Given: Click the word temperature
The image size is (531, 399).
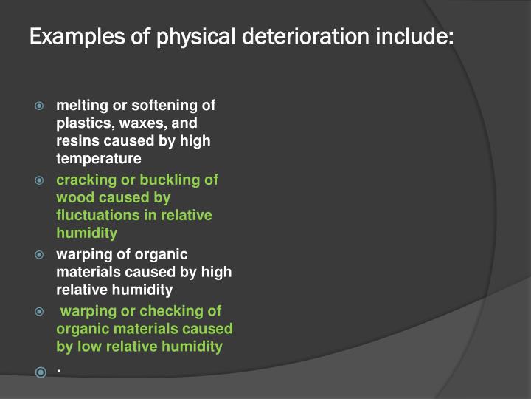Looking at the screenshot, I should click(99, 158).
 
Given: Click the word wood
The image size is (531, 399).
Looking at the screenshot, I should click(74, 197).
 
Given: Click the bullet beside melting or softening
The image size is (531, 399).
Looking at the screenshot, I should click(41, 106).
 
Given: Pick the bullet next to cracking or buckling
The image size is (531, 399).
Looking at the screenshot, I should click(41, 180).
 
